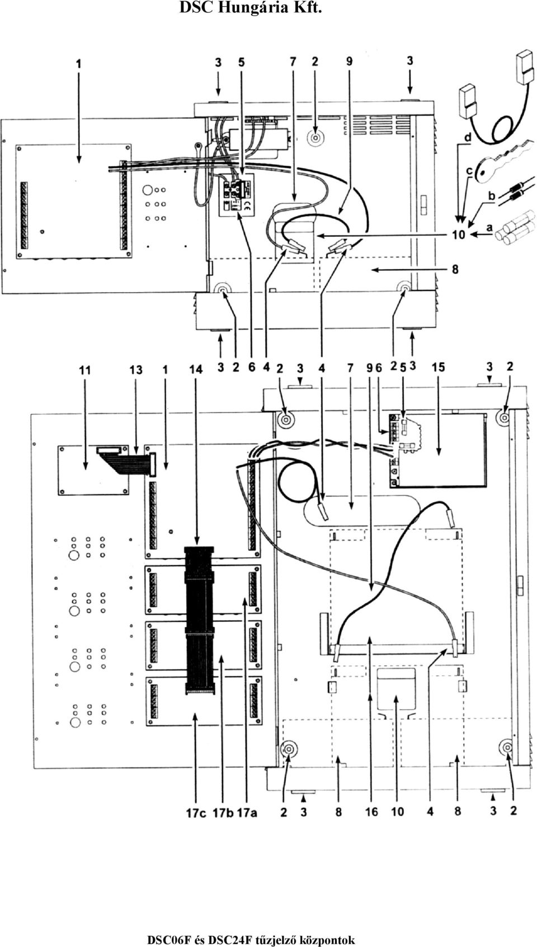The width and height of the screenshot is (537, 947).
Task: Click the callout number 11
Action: [85, 371]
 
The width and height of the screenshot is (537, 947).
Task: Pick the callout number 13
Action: [136, 371]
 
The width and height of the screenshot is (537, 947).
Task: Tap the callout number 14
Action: [196, 370]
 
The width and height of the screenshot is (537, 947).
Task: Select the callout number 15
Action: [438, 367]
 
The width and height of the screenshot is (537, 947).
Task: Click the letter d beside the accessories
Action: [467, 137]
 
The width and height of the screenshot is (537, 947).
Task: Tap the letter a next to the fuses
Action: [489, 228]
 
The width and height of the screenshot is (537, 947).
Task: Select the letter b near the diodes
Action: [491, 196]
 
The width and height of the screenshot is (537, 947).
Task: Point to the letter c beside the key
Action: [469, 170]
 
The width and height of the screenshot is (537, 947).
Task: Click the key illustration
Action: [503, 163]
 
